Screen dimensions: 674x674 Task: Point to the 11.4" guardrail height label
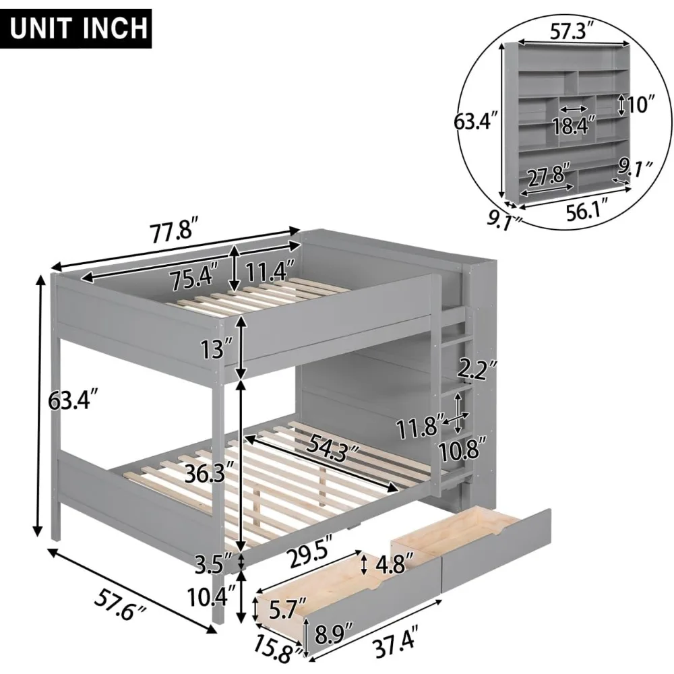[270, 271]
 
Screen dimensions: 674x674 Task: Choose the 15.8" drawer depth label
[278, 648]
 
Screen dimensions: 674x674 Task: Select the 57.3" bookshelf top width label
[572, 32]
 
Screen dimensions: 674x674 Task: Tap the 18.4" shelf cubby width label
[574, 125]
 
